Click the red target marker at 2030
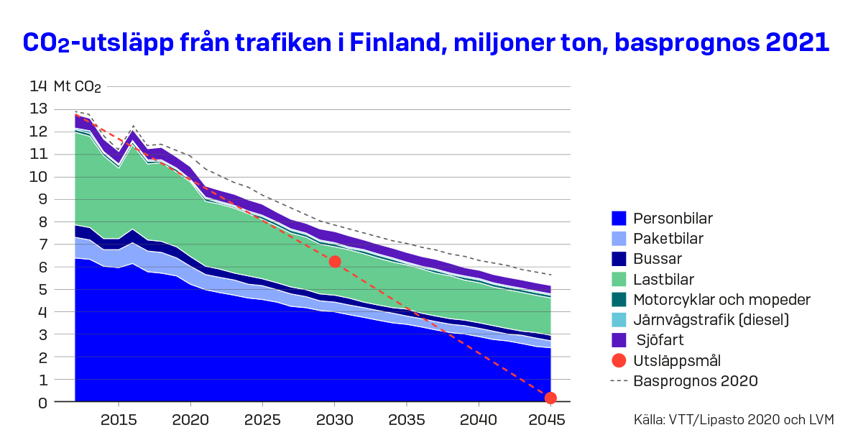point(334,262)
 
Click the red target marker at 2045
point(550,398)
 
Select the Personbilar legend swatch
point(619,218)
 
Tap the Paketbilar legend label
point(668,239)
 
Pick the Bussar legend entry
point(657,259)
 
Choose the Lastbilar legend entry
point(663,279)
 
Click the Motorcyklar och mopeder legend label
point(721,299)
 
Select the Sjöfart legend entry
point(659,340)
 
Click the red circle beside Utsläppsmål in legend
point(619,360)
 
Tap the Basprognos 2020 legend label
point(696,380)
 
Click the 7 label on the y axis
point(42,244)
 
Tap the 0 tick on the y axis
point(42,403)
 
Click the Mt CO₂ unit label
point(78,87)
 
